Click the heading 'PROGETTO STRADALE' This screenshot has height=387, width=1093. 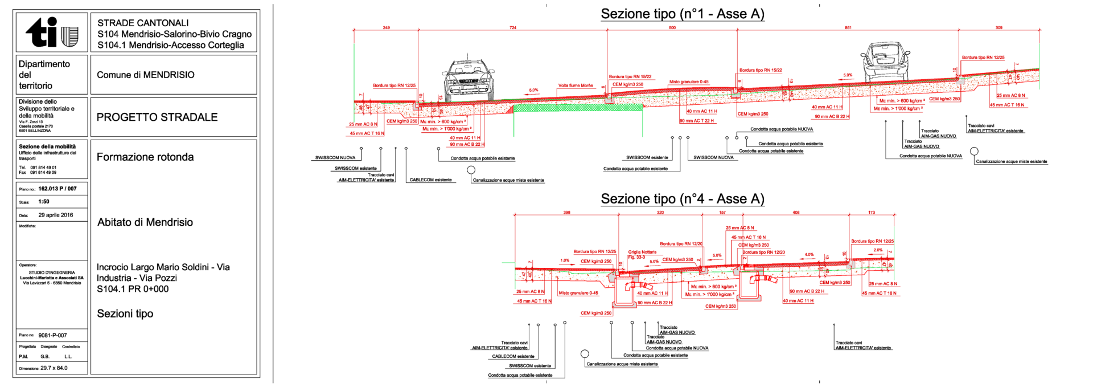pyautogui.click(x=157, y=117)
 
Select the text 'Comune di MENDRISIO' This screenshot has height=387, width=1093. pyautogui.click(x=146, y=75)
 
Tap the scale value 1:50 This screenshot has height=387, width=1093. pyautogui.click(x=44, y=202)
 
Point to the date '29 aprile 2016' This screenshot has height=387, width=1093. pyautogui.click(x=56, y=215)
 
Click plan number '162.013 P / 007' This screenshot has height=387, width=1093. pyautogui.click(x=57, y=189)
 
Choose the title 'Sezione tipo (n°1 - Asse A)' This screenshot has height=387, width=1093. pyautogui.click(x=683, y=14)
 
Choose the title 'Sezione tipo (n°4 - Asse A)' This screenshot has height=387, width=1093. pyautogui.click(x=683, y=199)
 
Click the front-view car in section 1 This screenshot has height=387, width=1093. pyautogui.click(x=469, y=80)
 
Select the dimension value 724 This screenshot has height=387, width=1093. pyautogui.click(x=513, y=28)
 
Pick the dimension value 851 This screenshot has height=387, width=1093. pyautogui.click(x=848, y=28)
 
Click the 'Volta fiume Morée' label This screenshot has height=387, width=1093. pyautogui.click(x=576, y=85)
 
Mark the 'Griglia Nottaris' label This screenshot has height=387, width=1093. pyautogui.click(x=642, y=252)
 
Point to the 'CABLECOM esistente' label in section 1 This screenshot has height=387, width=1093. pyautogui.click(x=430, y=180)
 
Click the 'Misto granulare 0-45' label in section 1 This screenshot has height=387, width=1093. pyautogui.click(x=689, y=82)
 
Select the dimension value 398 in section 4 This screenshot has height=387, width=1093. pyautogui.click(x=567, y=213)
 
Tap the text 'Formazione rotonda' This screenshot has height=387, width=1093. pyautogui.click(x=145, y=157)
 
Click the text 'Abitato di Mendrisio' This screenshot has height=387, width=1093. pyautogui.click(x=145, y=222)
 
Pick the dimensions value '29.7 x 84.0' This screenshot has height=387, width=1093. pyautogui.click(x=54, y=368)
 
